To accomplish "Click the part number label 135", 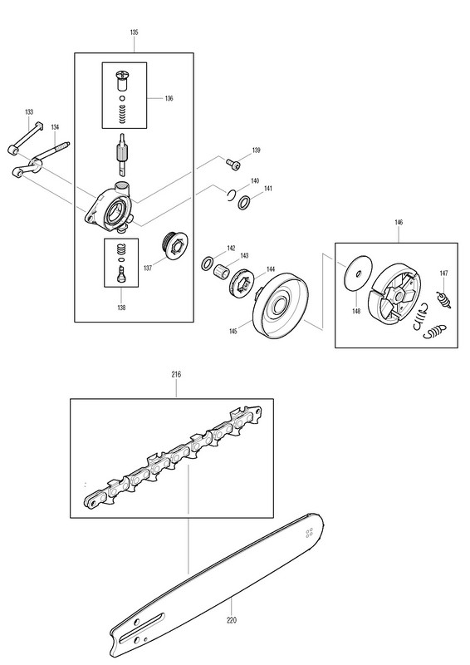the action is click(x=134, y=32).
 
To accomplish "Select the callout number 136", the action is click(x=169, y=98).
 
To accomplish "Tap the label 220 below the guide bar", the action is click(x=232, y=620).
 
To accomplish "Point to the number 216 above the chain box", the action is click(x=176, y=374).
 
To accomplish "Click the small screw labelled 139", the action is click(x=233, y=163).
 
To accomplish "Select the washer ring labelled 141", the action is click(x=244, y=203).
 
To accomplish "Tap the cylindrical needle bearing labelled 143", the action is click(x=221, y=271).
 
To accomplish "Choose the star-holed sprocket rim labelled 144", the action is click(x=242, y=284).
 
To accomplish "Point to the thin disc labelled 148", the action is click(x=357, y=273).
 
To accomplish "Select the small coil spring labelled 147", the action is click(x=444, y=299).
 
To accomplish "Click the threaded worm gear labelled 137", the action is click(x=173, y=244).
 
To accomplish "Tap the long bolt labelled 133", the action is click(x=26, y=138).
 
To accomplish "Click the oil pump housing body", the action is click(x=111, y=208).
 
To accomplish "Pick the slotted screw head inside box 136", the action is click(x=122, y=76).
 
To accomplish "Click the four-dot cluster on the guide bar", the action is click(x=309, y=533).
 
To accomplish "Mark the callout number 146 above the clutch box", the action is click(x=399, y=222).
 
